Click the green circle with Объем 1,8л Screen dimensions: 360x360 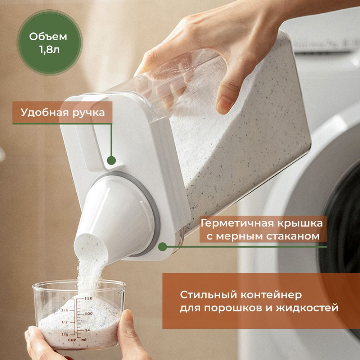click(49, 43)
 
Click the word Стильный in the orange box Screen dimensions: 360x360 click(208, 295)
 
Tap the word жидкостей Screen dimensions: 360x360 click(307, 308)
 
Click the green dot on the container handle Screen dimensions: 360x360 click(111, 160)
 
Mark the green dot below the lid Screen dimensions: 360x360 click(163, 247)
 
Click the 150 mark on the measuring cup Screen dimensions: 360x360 click(89, 298)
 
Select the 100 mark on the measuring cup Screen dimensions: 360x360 click(89, 314)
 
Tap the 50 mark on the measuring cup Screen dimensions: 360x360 click(88, 330)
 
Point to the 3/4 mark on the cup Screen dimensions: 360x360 click(64, 310)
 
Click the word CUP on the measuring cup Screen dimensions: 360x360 click(72, 340)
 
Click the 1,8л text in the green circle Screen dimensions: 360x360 click(49, 50)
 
